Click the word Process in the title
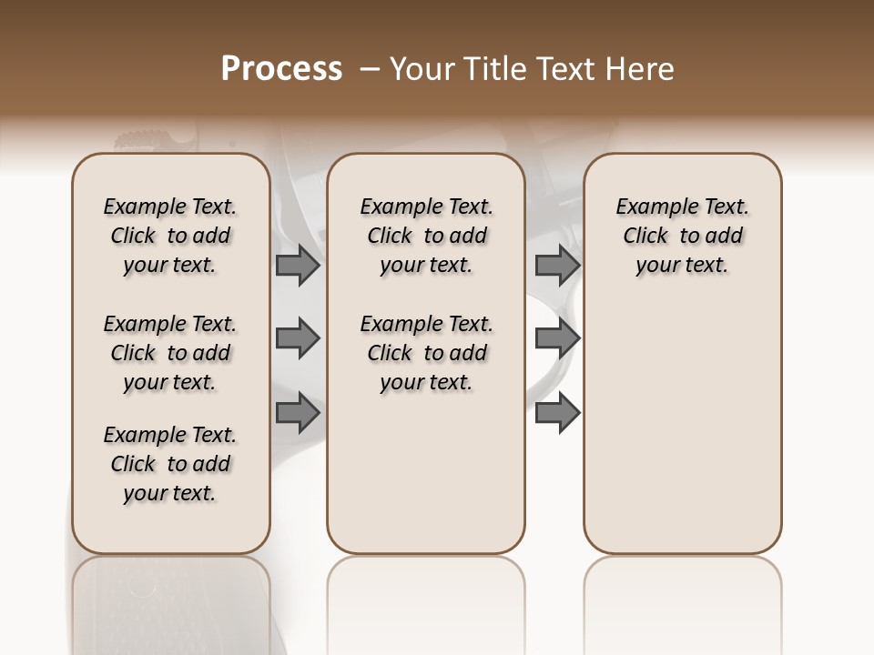pyautogui.click(x=281, y=69)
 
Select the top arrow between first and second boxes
pyautogui.click(x=298, y=265)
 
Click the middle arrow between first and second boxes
pyautogui.click(x=298, y=339)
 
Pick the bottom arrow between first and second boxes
pyautogui.click(x=298, y=413)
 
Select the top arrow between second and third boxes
pyautogui.click(x=557, y=265)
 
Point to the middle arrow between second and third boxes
pyautogui.click(x=557, y=339)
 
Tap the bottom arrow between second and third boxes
pyautogui.click(x=557, y=413)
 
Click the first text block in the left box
pyautogui.click(x=170, y=236)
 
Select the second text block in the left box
pyautogui.click(x=170, y=353)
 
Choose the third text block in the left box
pyautogui.click(x=170, y=464)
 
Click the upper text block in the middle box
pyautogui.click(x=426, y=236)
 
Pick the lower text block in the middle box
pyautogui.click(x=426, y=353)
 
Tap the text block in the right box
pyautogui.click(x=682, y=236)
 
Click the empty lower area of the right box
pyautogui.click(x=682, y=437)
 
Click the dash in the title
pyautogui.click(x=370, y=69)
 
